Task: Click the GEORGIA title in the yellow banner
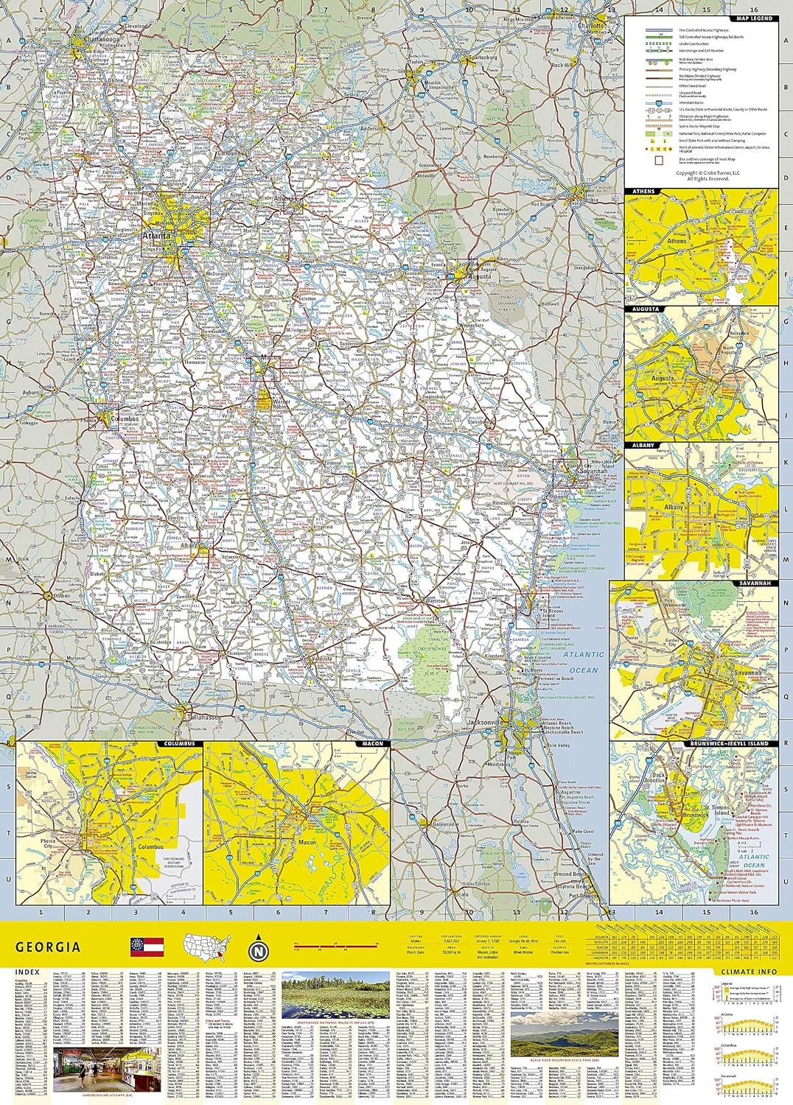48,947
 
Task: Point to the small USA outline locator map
207,947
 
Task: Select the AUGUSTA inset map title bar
646,309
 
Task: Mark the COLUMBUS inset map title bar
179,744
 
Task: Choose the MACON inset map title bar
372,744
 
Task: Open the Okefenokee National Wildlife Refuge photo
332,994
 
